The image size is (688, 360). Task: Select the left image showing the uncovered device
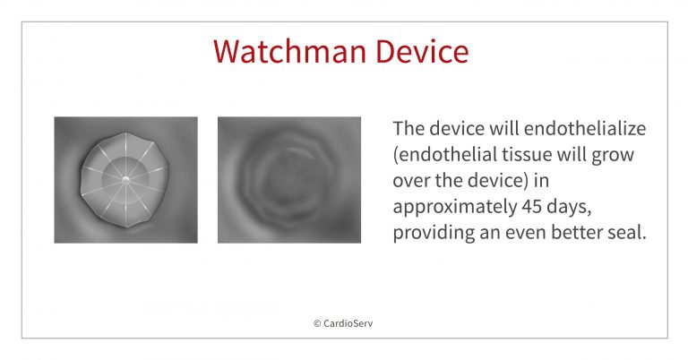[x=125, y=180]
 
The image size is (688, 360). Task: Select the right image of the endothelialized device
[x=289, y=180]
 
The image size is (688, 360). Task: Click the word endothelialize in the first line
[x=579, y=129]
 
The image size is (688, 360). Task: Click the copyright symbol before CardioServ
[x=317, y=323]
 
